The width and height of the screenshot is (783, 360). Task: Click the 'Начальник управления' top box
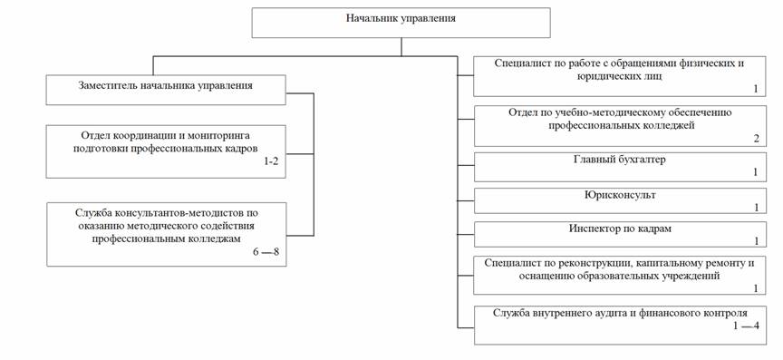(x=401, y=23)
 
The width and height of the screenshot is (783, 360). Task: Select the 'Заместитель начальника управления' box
(x=166, y=90)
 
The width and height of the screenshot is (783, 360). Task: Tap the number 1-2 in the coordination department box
(x=271, y=161)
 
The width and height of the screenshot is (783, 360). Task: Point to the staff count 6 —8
(x=266, y=251)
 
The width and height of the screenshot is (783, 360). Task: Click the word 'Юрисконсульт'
(x=619, y=195)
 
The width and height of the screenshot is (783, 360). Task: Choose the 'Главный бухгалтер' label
(x=619, y=160)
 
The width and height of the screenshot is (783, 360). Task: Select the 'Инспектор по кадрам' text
(x=620, y=229)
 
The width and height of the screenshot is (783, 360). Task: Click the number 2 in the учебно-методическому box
(x=757, y=139)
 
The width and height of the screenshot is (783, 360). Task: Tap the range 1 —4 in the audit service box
(x=746, y=326)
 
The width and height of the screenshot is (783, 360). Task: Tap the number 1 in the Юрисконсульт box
(x=757, y=207)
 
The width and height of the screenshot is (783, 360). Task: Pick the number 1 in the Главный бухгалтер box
(x=756, y=172)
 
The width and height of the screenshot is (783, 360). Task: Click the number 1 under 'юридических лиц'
(x=756, y=90)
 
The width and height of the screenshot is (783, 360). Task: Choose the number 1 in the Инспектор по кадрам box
(x=757, y=241)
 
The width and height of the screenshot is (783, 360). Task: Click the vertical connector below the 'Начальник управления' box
(x=401, y=47)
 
